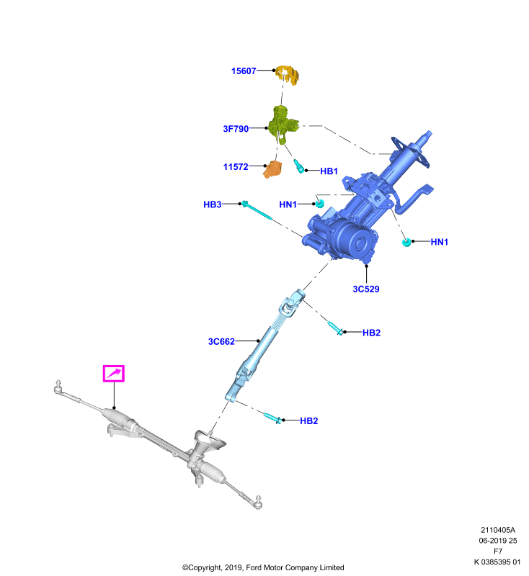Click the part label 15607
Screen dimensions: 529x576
[244, 71]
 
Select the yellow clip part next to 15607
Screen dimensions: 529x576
[288, 75]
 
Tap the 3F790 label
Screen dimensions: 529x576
[236, 129]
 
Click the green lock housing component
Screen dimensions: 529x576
[283, 124]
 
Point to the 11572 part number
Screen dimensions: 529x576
[236, 167]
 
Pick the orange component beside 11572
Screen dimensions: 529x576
[272, 169]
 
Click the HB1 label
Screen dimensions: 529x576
[329, 171]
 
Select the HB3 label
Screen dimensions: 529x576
[212, 204]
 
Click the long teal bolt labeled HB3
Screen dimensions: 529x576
[257, 211]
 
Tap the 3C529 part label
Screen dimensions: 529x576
[366, 289]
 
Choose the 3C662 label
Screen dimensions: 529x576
[221, 341]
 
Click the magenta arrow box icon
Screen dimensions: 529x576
[114, 374]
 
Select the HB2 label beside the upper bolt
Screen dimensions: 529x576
[371, 333]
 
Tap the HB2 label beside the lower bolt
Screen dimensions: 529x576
[308, 421]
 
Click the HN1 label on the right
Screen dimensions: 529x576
[440, 242]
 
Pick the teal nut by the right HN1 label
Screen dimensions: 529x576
[406, 243]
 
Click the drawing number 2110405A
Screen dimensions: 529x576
[498, 530]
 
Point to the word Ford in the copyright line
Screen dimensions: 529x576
[254, 567]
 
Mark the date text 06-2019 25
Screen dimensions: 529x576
[498, 541]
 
